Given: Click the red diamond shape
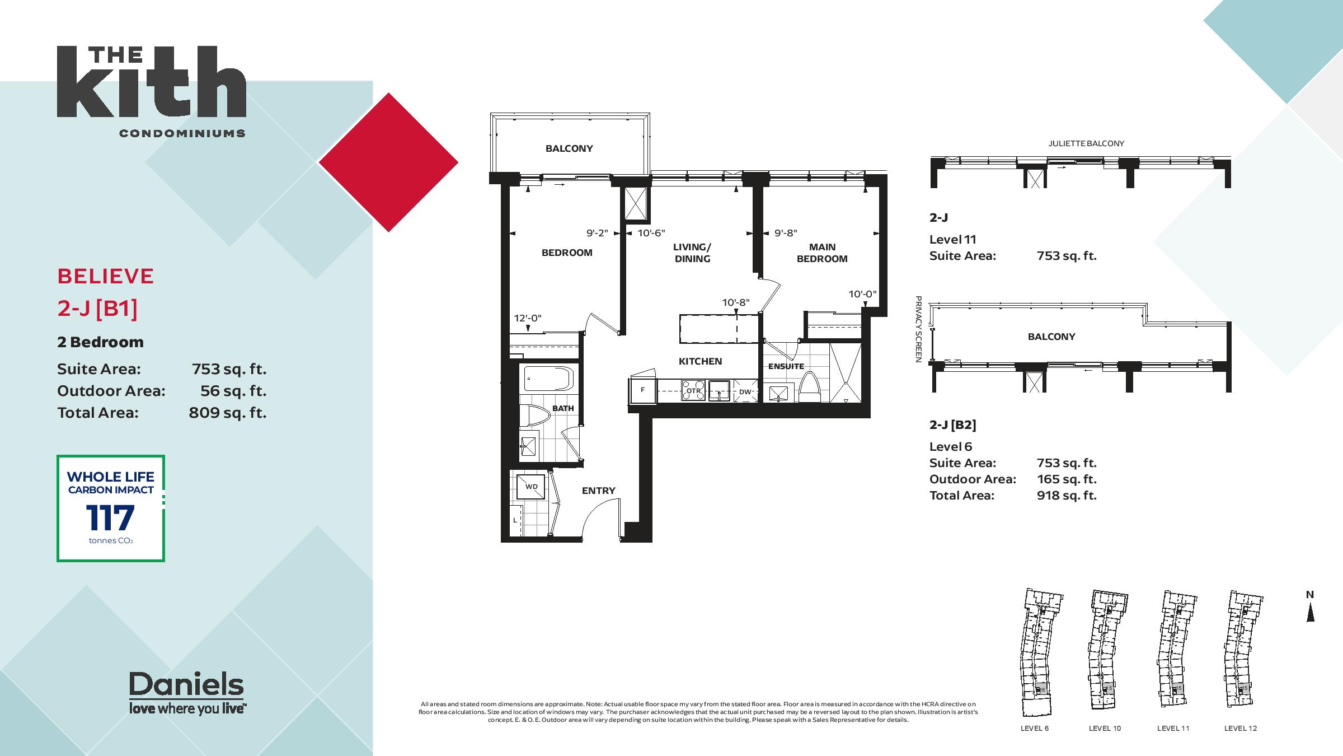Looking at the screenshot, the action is coord(388,162).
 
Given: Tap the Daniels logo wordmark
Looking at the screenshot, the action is coord(186,684).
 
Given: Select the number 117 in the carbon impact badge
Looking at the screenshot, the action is coord(110,517).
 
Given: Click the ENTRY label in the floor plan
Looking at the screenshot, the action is coord(598,491).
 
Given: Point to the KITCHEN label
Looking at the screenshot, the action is coord(700,361).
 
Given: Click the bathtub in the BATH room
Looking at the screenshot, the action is coord(548,379).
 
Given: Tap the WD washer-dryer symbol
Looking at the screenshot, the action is coord(531,487).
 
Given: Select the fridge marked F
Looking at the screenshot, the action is coord(642,390).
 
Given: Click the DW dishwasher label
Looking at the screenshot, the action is coord(745,392).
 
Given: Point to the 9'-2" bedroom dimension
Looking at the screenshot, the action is coord(597,233).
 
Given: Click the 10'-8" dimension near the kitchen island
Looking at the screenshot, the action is coord(735,303).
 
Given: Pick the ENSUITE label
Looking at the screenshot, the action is coord(786,366).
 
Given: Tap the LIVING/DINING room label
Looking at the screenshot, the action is coord(692,253).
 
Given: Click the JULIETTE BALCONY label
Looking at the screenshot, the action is coord(1086,143).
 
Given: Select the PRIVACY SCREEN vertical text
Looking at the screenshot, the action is coord(918,329).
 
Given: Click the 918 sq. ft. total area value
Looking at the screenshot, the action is coord(1067,496).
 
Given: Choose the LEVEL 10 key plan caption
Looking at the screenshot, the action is coord(1105,729).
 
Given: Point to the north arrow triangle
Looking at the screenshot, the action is coord(1310,614).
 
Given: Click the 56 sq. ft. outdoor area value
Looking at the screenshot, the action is coord(233,391).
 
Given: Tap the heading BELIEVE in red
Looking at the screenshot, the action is coord(106,276).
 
